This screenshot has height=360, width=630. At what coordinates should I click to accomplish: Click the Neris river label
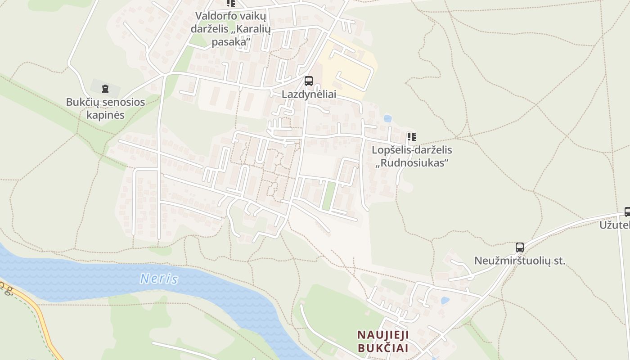pyautogui.click(x=159, y=279)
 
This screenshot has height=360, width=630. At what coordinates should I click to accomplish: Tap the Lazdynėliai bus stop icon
pyautogui.click(x=308, y=81)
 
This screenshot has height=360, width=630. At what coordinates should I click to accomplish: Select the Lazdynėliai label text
pyautogui.click(x=309, y=94)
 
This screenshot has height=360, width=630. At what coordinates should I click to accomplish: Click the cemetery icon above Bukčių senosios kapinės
pyautogui.click(x=105, y=88)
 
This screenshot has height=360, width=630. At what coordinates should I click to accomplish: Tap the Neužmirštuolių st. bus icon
pyautogui.click(x=519, y=247)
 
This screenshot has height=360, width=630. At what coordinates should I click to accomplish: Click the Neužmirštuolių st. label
pyautogui.click(x=520, y=261)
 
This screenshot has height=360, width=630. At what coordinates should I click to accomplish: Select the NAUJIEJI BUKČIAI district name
pyautogui.click(x=383, y=341)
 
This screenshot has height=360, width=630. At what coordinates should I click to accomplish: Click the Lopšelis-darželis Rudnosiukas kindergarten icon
pyautogui.click(x=411, y=136)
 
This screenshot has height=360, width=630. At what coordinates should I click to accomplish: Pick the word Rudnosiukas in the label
pyautogui.click(x=412, y=162)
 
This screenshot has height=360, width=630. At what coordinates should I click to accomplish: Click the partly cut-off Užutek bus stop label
pyautogui.click(x=615, y=224)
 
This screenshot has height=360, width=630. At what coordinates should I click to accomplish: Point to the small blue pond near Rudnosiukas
pyautogui.click(x=387, y=118)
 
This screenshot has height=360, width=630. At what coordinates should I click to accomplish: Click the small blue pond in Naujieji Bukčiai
pyautogui.click(x=445, y=300)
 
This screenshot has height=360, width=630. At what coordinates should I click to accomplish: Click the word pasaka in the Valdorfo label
pyautogui.click(x=231, y=42)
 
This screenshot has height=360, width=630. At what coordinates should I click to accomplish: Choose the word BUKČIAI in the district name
pyautogui.click(x=383, y=348)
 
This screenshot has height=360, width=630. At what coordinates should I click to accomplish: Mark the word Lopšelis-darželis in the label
pyautogui.click(x=412, y=150)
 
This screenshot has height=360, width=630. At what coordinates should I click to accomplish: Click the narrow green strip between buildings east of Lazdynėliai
pyautogui.click(x=329, y=195)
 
